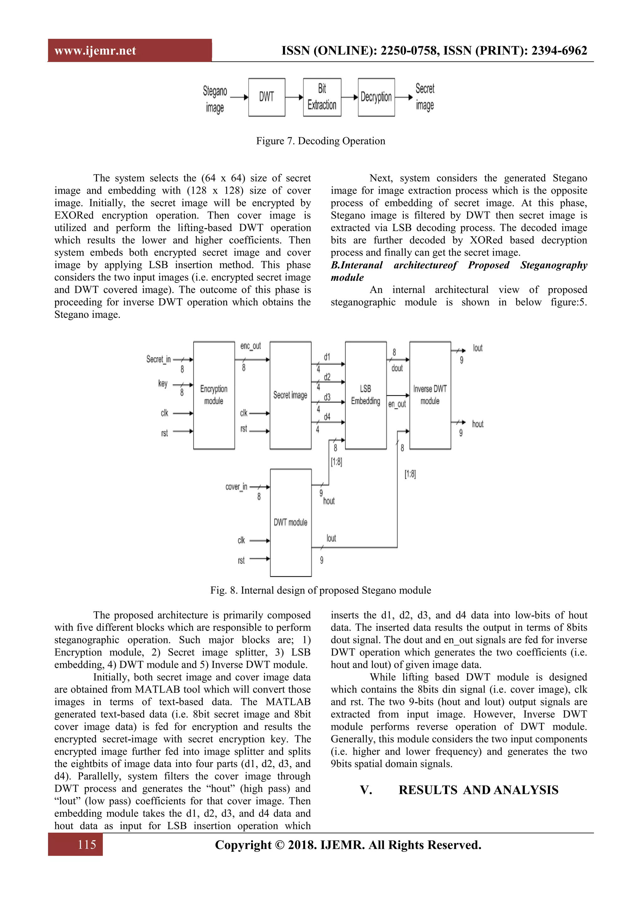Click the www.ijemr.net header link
pos(95,50)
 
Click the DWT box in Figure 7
pos(266,97)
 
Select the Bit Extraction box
pos(322,97)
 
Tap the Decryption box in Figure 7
pos(376,97)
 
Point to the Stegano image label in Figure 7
pos(215,99)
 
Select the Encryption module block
pos(214,395)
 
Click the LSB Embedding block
pos(366,395)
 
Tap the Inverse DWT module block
pos(430,395)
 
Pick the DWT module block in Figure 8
pos(291,522)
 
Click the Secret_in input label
pos(158,359)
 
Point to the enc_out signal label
pos(251,346)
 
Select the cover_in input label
pos(236,487)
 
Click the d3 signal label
pos(327,397)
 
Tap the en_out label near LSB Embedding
pos(397,404)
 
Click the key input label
pos(162,383)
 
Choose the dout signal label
pos(397,368)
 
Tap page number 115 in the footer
pos(87,845)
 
